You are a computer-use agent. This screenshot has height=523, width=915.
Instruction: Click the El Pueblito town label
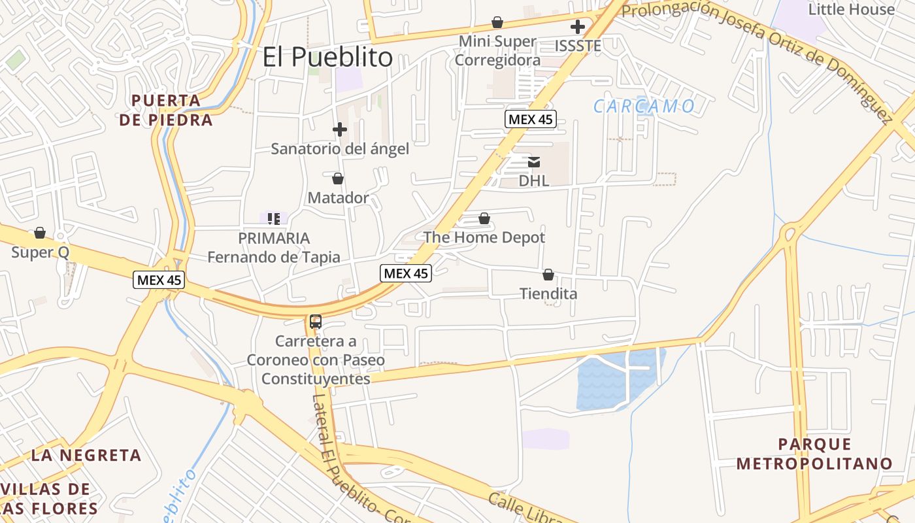[327, 57]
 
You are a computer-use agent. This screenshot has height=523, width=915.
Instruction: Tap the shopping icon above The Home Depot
[484, 218]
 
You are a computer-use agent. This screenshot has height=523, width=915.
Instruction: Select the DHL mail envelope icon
[534, 162]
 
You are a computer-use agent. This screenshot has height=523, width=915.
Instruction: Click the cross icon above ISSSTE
[577, 27]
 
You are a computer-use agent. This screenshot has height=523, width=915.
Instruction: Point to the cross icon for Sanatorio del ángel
[340, 129]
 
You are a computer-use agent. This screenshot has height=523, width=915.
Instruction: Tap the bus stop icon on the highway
[316, 321]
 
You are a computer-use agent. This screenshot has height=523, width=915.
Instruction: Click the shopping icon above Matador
[338, 178]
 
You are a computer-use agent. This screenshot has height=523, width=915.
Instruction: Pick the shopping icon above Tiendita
[548, 275]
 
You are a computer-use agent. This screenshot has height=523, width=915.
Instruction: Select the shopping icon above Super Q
[40, 233]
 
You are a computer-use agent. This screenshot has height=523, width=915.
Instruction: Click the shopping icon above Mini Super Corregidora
[497, 23]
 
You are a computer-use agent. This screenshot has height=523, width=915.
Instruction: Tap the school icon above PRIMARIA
[274, 218]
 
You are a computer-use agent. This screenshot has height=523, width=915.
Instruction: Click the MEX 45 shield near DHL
[530, 119]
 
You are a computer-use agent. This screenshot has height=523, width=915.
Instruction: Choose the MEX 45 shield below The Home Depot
[406, 273]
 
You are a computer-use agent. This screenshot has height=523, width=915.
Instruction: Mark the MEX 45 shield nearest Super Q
[159, 280]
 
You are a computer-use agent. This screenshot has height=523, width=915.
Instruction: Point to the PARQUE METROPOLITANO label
[814, 454]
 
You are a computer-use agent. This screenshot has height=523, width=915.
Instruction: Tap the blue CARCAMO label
[644, 106]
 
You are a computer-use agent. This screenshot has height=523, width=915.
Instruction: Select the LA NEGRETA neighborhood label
[86, 455]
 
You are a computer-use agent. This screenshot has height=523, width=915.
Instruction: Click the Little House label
[851, 9]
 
